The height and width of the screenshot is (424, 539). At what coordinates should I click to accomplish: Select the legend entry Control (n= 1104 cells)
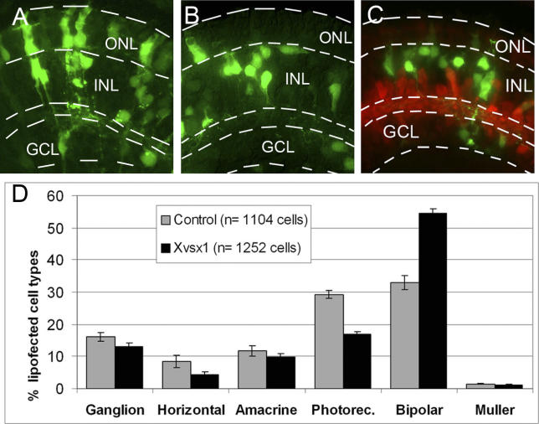click(x=235, y=221)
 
